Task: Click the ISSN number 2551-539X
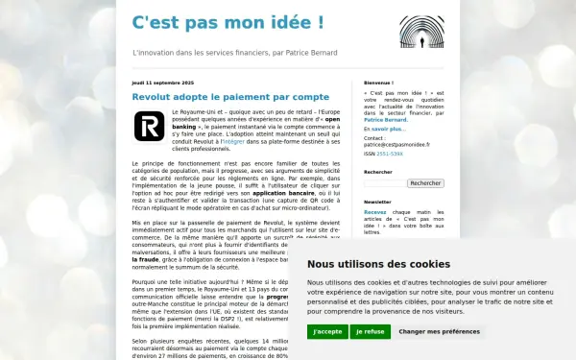tap(389, 153)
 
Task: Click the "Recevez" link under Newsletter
tap(375, 213)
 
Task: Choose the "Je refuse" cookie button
tap(370, 331)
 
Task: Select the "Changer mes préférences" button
tap(439, 331)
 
